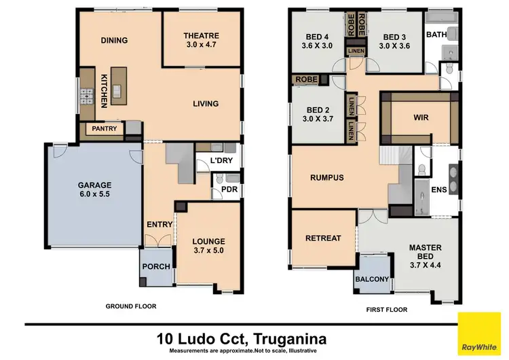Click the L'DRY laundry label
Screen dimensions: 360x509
pos(221,161)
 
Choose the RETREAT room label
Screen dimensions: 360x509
pos(322,238)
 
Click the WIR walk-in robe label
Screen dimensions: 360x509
pos(421,117)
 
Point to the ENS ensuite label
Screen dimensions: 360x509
pos(439,190)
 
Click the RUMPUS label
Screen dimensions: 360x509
pos(327,178)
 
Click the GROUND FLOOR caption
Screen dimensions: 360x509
pos(131,306)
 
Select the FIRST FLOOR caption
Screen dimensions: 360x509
pos(388,309)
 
